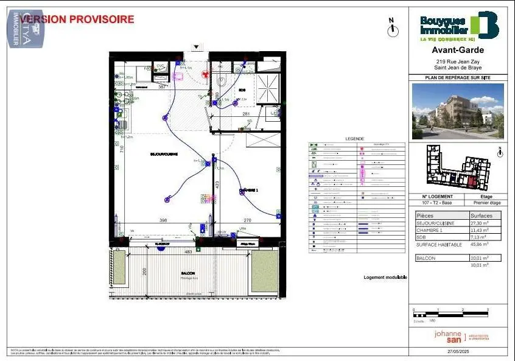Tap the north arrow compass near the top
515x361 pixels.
pos(393,26)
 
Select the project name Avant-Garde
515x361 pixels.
pos(458,51)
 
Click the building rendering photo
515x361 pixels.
pos(458,111)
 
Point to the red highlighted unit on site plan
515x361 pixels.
pos(473,181)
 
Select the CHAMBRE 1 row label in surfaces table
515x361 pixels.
pos(430,231)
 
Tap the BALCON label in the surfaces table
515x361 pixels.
pos(426,258)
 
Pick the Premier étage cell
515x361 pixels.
pos(486,203)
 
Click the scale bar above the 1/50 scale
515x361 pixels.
pos(450,315)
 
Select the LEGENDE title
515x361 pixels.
pos(354,139)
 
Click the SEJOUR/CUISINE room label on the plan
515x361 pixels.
pos(164,155)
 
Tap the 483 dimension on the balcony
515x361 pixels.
pos(188,251)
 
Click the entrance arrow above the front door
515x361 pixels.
pos(196,47)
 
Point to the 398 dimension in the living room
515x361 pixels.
pos(163,220)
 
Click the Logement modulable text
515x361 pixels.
pos(385,278)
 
